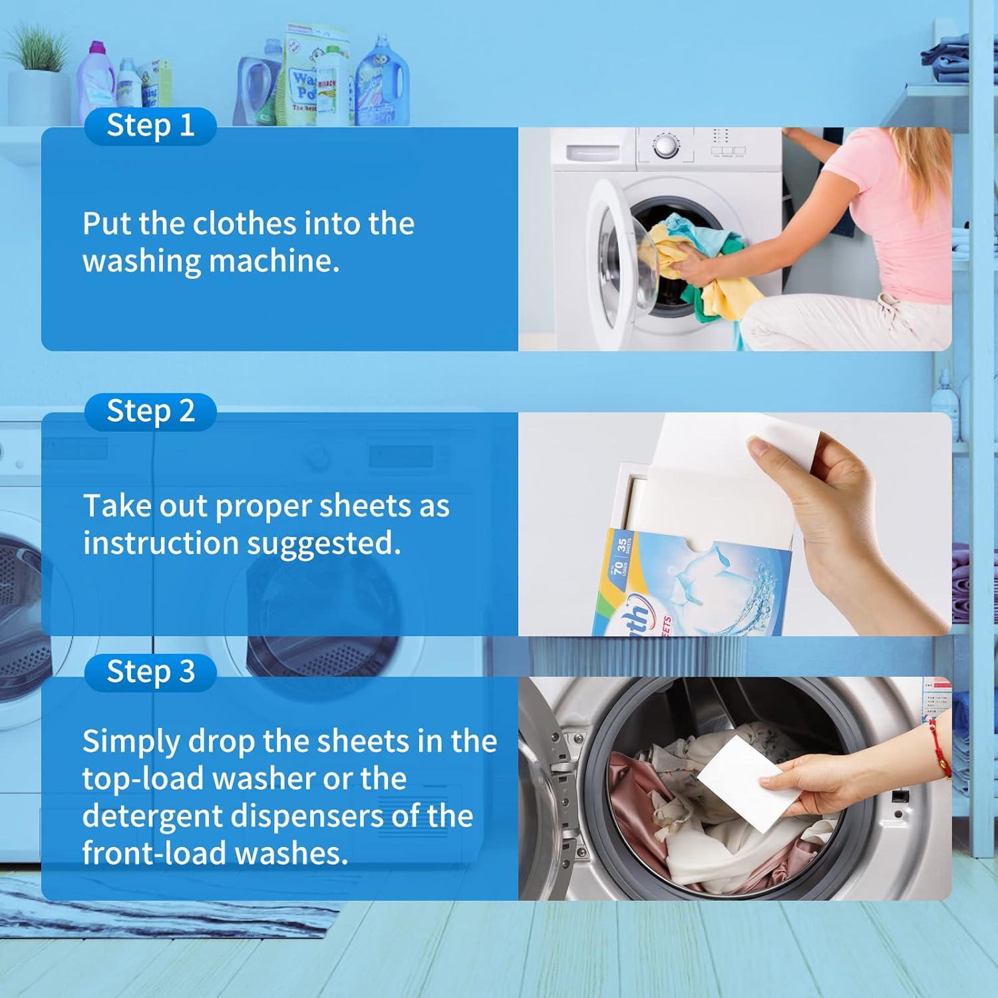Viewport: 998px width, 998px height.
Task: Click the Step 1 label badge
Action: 150,126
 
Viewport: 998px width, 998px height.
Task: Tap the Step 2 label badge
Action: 150,411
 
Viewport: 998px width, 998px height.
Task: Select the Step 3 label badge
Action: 150,672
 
